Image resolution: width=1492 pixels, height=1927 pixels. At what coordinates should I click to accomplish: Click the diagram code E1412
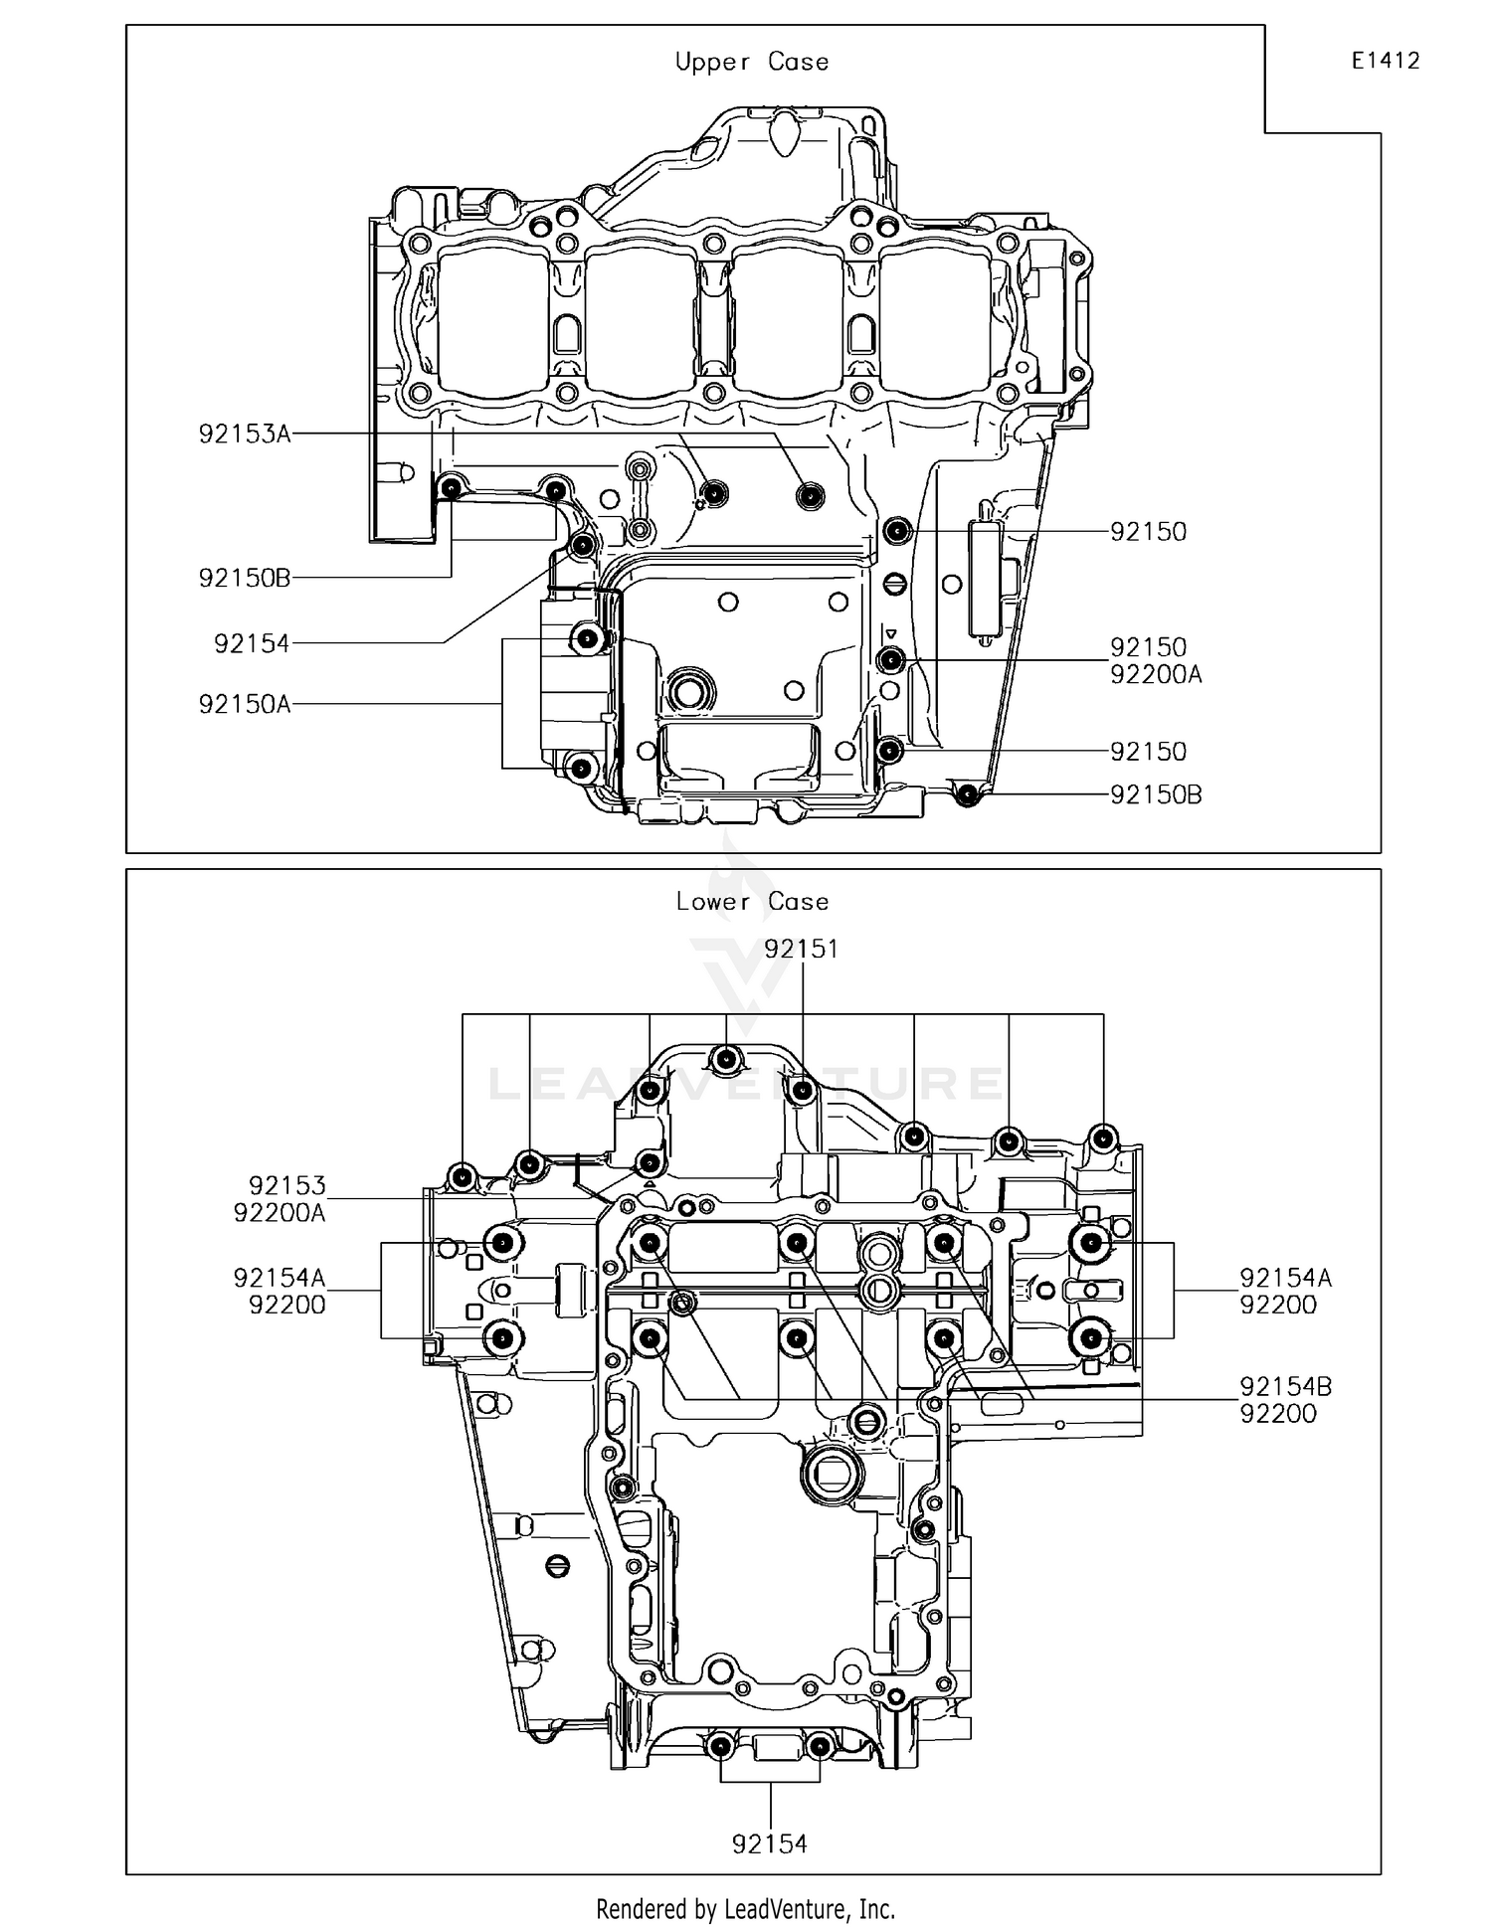(x=1385, y=62)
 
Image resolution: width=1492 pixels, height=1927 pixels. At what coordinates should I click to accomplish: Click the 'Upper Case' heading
(x=751, y=63)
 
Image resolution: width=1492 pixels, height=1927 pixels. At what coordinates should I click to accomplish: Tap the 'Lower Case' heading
(x=751, y=902)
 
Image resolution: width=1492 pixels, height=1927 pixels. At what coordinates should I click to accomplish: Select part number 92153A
(x=245, y=435)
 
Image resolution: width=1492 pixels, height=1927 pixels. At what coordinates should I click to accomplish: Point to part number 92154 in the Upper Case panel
(x=252, y=644)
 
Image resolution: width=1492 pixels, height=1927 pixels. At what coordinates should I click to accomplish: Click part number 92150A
(x=245, y=705)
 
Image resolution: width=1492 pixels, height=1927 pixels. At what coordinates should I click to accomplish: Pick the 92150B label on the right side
(x=1156, y=795)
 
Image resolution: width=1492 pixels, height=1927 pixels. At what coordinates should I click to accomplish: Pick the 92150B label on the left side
(x=245, y=579)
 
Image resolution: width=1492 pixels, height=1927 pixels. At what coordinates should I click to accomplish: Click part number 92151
(x=801, y=950)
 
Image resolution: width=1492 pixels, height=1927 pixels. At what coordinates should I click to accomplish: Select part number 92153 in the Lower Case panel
(x=286, y=1186)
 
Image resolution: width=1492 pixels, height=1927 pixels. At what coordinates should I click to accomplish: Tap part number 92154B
(x=1285, y=1387)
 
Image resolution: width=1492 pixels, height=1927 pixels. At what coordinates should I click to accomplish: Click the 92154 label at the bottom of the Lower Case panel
(x=770, y=1844)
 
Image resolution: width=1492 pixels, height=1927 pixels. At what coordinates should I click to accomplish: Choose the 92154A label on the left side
(x=280, y=1278)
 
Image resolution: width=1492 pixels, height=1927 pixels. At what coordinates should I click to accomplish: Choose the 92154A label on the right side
(x=1285, y=1278)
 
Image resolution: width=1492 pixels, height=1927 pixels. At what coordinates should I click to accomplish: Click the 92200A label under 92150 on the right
(x=1156, y=675)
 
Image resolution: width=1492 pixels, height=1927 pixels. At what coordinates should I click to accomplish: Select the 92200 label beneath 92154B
(x=1277, y=1414)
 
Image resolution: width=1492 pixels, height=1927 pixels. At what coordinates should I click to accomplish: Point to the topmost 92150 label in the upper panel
(x=1148, y=532)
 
